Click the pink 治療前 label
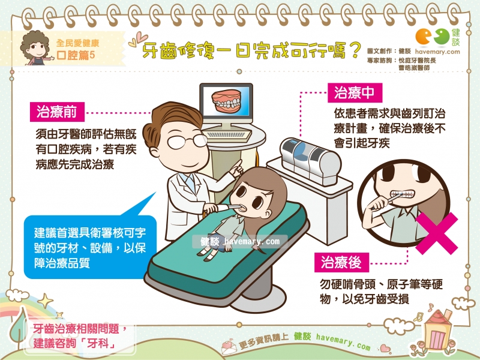(57, 112)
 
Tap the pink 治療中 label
(355, 92)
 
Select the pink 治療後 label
(341, 262)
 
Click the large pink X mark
(437, 233)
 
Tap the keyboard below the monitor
(227, 134)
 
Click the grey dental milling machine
(310, 161)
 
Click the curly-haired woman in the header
(35, 48)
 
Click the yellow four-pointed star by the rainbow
(46, 301)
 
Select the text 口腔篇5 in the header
(76, 55)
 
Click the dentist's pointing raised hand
(236, 169)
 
